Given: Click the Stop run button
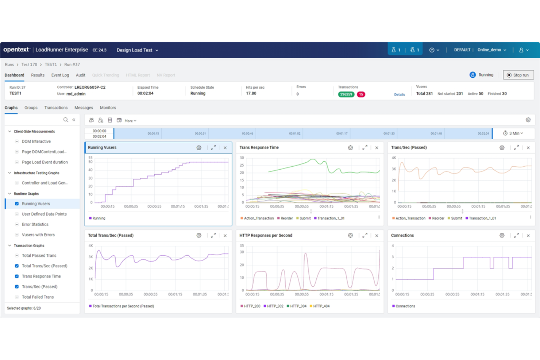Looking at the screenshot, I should [518, 75].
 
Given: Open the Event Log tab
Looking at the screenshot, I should [60, 75].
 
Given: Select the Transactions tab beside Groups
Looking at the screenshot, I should [56, 108].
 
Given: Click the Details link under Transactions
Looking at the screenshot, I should [399, 94].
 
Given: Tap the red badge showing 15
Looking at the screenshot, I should [360, 94].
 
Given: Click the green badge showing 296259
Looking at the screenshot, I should [346, 94].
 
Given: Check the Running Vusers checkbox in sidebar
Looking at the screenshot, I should [17, 204].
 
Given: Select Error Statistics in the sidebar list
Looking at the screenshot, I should [35, 224].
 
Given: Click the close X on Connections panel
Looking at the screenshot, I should [528, 236].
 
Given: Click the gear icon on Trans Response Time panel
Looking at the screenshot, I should [350, 148].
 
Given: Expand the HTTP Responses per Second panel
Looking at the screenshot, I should [364, 236].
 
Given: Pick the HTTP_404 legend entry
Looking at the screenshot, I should [321, 306].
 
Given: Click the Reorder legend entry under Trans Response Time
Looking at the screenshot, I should [286, 218].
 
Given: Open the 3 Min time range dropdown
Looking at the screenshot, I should [513, 133].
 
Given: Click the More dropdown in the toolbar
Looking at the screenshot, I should [130, 121].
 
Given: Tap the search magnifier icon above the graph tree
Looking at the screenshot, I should [66, 120].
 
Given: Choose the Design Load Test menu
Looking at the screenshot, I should [137, 50].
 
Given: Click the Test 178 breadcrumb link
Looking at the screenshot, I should [29, 65].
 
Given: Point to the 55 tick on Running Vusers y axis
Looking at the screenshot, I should [90, 158].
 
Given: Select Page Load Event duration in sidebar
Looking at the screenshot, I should [45, 162].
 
